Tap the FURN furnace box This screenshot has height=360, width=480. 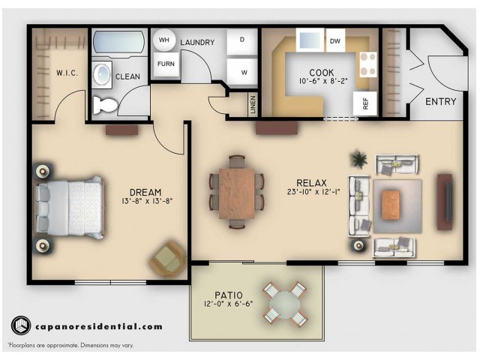pyautogui.click(x=165, y=64)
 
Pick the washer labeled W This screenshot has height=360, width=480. pyautogui.click(x=243, y=72)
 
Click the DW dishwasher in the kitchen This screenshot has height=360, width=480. pyautogui.click(x=335, y=41)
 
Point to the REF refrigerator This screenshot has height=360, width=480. pyautogui.click(x=366, y=104)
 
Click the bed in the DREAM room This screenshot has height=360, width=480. pyautogui.click(x=70, y=205)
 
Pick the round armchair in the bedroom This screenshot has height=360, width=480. pyautogui.click(x=168, y=259)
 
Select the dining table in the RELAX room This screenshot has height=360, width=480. pyautogui.click(x=237, y=191)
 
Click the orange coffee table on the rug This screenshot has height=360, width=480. pyautogui.click(x=391, y=204)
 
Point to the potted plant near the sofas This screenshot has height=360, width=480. pyautogui.click(x=359, y=160)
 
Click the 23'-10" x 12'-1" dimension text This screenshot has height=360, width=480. pyautogui.click(x=308, y=193)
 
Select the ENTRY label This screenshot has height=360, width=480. pyautogui.click(x=440, y=101)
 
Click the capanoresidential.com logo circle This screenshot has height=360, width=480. pyautogui.click(x=20, y=326)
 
